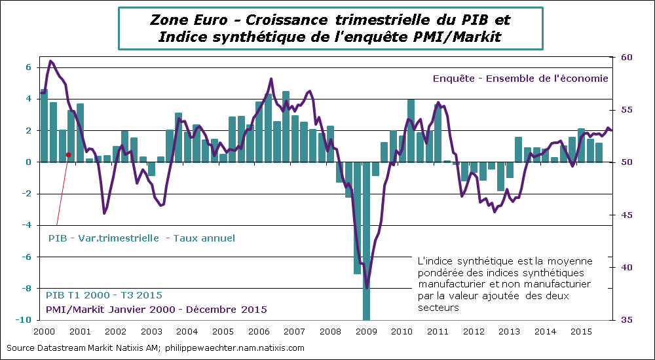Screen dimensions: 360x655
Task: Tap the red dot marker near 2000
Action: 68,155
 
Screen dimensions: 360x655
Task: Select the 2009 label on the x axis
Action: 365,332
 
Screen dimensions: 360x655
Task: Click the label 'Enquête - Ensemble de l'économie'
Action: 521,78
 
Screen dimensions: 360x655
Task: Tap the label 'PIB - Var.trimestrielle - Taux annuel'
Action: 141,238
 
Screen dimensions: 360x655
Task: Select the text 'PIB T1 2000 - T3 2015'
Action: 104,295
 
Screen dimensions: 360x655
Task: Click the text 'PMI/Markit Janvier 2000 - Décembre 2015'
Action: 156,309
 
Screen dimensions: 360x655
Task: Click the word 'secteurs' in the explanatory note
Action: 434,308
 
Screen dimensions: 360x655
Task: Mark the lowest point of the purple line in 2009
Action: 367,287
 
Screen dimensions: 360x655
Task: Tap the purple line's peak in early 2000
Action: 51,61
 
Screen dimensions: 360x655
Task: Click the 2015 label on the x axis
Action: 582,332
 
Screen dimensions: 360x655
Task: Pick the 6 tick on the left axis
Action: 28,67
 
